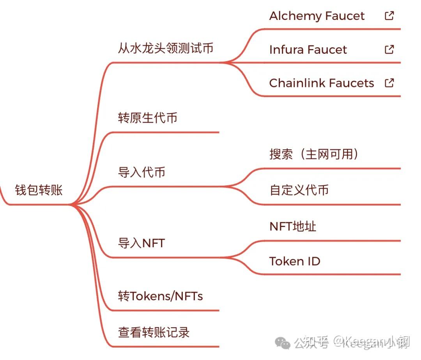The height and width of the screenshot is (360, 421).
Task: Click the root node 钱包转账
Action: coord(39,190)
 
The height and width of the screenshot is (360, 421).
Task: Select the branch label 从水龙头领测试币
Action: coord(166,48)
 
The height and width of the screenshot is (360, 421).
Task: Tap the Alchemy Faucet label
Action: coord(317,16)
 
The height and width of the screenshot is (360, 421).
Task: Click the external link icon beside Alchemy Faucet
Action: coord(389,16)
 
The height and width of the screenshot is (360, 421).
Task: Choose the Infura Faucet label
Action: coord(308,50)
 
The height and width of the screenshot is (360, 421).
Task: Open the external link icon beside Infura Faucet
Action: coord(389,49)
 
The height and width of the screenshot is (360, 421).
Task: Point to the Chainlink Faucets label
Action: coord(322,83)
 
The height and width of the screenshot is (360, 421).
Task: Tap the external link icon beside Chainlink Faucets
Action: coord(389,83)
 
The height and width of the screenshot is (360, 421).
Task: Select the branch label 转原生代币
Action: coord(148,118)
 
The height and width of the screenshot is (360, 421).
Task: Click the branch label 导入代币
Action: coord(142,172)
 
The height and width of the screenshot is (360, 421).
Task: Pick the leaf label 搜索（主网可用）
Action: coord(314,154)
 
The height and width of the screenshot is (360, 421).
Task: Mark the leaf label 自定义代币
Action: coord(299,190)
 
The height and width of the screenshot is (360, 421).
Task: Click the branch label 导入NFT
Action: coord(142,243)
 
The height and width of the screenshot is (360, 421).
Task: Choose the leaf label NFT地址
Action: coord(293,226)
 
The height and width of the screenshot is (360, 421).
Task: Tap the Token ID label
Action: coord(295,261)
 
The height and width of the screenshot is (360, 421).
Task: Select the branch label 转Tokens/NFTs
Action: coord(160,296)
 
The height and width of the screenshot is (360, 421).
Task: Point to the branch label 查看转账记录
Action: coord(154,332)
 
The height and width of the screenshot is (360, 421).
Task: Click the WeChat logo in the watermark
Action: coord(283,343)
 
